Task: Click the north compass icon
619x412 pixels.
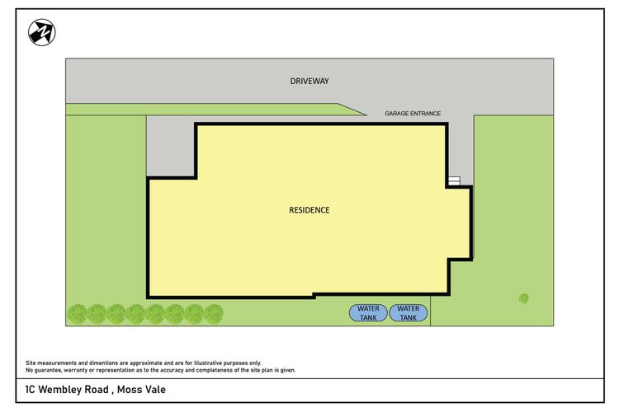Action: pyautogui.click(x=41, y=33)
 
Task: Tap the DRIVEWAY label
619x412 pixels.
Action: pyautogui.click(x=309, y=82)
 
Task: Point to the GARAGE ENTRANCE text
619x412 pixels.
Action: pyautogui.click(x=413, y=114)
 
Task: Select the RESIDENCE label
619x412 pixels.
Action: pyautogui.click(x=309, y=210)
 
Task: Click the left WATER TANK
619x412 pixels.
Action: pyautogui.click(x=367, y=312)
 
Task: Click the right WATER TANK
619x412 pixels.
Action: pyautogui.click(x=408, y=312)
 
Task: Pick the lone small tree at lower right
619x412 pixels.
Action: pyautogui.click(x=523, y=298)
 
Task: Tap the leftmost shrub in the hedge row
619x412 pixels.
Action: pyautogui.click(x=77, y=313)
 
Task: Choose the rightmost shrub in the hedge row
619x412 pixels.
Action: pyautogui.click(x=214, y=313)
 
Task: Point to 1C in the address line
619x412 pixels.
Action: pyautogui.click(x=31, y=389)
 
